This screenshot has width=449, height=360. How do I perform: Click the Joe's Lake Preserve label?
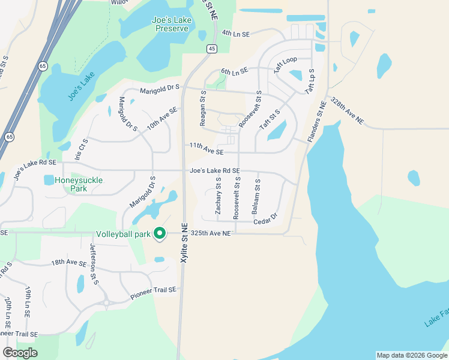coord(171,24)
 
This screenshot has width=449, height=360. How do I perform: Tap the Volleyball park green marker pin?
coord(160,233)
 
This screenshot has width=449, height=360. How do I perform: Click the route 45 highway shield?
coord(211,49)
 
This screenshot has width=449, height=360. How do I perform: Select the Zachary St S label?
coord(218,196)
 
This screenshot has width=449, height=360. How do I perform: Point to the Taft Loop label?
coord(286,65)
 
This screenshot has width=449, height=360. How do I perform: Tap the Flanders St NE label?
coord(317,122)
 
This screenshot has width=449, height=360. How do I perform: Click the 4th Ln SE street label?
coord(235,34)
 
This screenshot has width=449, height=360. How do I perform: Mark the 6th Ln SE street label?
coord(234,71)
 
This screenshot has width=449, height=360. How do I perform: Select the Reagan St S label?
coord(203,108)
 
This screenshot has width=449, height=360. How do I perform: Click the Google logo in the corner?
coord(20,352)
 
